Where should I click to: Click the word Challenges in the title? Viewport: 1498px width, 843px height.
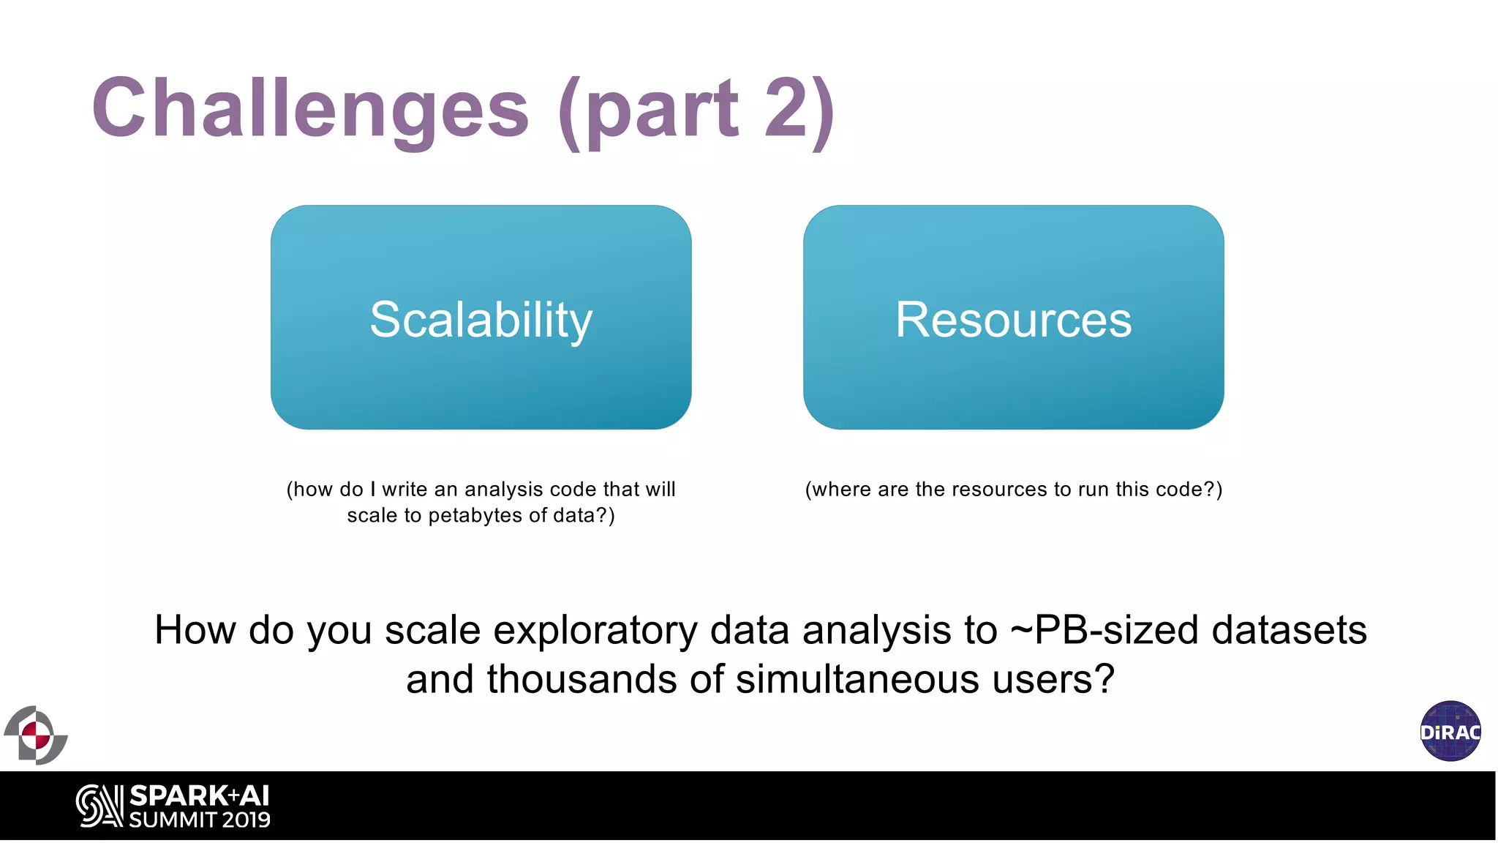pyautogui.click(x=310, y=110)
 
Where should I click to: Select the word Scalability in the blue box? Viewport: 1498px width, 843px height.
pyautogui.click(x=481, y=320)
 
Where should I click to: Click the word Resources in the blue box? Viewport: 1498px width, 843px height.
pyautogui.click(x=1013, y=320)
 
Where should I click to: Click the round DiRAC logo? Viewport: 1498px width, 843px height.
pyautogui.click(x=1450, y=731)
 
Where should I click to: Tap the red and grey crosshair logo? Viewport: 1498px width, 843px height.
pyautogui.click(x=35, y=735)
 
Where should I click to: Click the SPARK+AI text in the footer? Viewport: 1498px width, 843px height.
pyautogui.click(x=199, y=795)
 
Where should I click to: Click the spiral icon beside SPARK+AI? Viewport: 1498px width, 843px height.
pyautogui.click(x=99, y=806)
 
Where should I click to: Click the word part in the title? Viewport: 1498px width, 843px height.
pyautogui.click(x=662, y=110)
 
